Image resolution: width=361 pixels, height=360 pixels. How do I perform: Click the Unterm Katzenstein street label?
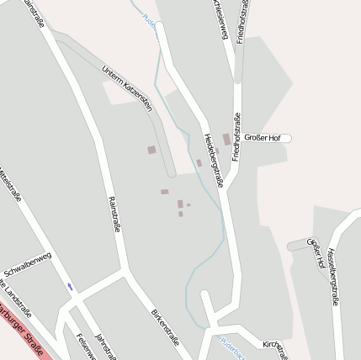tap(127, 87)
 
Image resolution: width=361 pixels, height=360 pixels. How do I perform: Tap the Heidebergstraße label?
tap(214, 159)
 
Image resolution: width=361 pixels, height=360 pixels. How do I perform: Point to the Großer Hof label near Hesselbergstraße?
tap(316, 252)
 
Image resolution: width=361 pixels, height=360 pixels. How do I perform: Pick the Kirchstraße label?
tap(274, 347)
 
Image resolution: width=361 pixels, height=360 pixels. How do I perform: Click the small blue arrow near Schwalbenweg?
tap(71, 287)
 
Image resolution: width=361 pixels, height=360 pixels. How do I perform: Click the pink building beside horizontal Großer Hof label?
tap(226, 139)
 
